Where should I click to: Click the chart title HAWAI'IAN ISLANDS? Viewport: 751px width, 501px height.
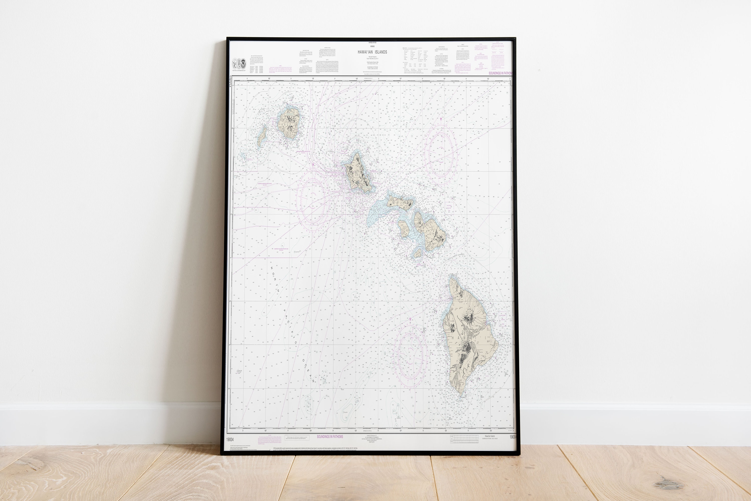(372, 52)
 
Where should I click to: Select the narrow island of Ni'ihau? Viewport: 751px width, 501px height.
(262, 136)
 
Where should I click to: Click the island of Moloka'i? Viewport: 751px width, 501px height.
(400, 202)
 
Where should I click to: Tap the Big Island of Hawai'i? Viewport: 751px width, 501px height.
(468, 339)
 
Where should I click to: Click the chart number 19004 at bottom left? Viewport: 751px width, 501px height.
(230, 440)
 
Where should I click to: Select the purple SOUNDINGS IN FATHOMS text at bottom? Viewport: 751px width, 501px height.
(330, 436)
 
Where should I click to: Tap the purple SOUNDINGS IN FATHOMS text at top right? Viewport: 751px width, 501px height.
(500, 73)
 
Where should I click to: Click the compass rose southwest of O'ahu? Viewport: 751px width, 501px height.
(312, 200)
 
